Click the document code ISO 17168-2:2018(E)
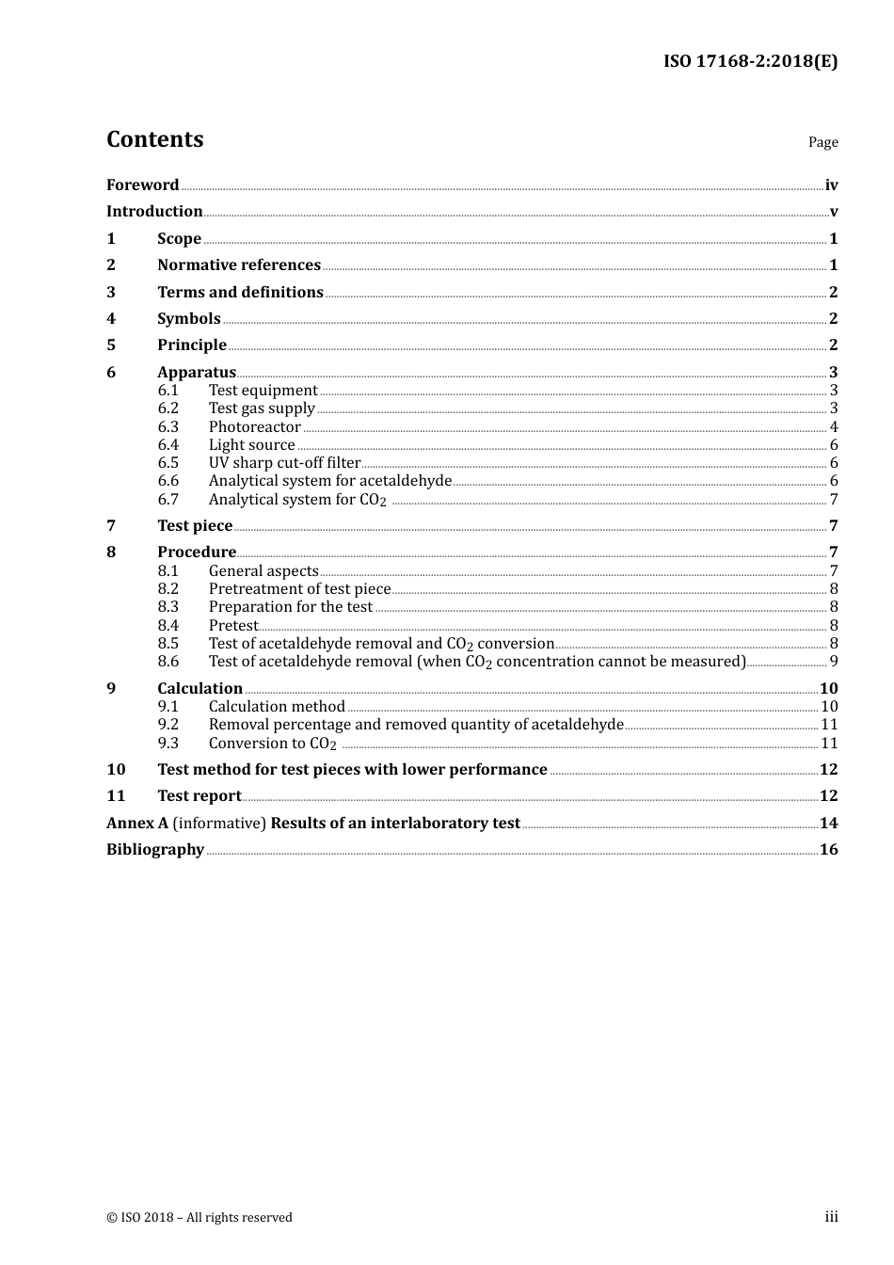[x=750, y=62]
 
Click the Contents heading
[x=155, y=139]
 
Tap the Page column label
[x=822, y=142]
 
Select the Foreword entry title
[x=142, y=185]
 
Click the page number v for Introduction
[x=834, y=212]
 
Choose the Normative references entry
[x=239, y=265]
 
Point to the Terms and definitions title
[x=240, y=293]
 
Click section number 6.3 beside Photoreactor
[x=168, y=427]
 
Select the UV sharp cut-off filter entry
[x=284, y=463]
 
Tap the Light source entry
[x=251, y=445]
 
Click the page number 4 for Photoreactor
[x=834, y=427]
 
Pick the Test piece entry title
[x=195, y=526]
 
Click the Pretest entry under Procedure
[x=232, y=626]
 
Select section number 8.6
[x=168, y=662]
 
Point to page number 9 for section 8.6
[x=834, y=662]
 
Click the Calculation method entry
[x=277, y=707]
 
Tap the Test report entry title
[x=199, y=796]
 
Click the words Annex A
[x=137, y=824]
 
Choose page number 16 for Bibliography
[x=828, y=850]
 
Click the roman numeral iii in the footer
[x=831, y=1217]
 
